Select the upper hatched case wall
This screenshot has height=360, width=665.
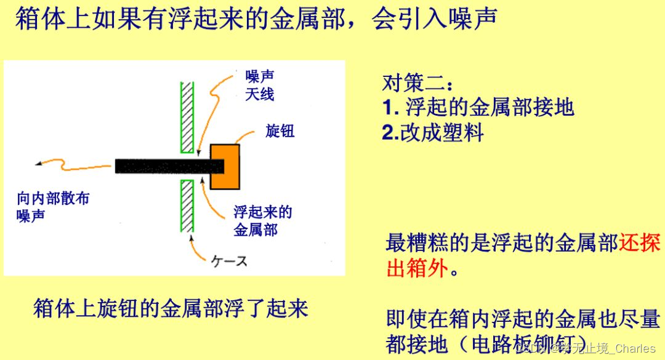[187, 117]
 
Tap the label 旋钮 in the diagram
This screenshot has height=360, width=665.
[280, 130]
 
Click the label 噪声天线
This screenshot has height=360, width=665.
[259, 86]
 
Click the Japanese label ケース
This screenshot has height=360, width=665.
[230, 262]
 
